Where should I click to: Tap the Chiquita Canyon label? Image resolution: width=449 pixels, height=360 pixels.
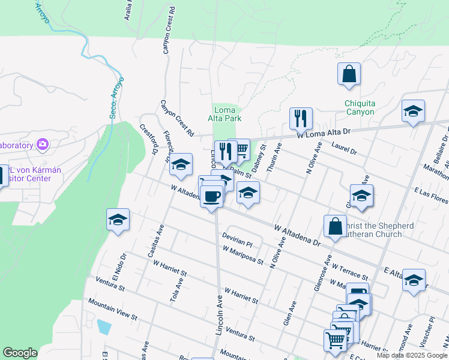pyautogui.click(x=360, y=107)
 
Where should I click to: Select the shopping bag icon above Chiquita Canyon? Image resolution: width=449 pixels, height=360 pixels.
pyautogui.click(x=349, y=75)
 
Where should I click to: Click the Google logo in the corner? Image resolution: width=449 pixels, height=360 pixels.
pyautogui.click(x=20, y=353)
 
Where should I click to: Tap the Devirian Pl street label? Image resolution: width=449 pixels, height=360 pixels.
pyautogui.click(x=237, y=239)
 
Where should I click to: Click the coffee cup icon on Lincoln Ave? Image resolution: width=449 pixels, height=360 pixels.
pyautogui.click(x=211, y=197)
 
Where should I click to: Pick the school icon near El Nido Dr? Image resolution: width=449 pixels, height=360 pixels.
pyautogui.click(x=118, y=220)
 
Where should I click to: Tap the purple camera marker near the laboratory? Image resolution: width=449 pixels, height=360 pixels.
pyautogui.click(x=42, y=144)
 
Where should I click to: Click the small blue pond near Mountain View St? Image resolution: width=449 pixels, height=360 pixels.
pyautogui.click(x=103, y=327)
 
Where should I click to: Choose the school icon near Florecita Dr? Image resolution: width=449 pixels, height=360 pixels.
pyautogui.click(x=180, y=166)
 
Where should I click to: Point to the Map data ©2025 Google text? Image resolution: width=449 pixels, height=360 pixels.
pyautogui.click(x=411, y=355)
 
